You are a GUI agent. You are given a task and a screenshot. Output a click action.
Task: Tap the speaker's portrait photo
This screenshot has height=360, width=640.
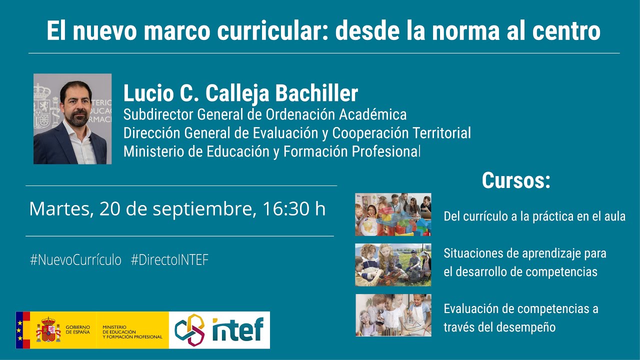point(72,119)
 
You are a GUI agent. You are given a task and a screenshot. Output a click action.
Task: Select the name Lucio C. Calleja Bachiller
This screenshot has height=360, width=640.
point(240,93)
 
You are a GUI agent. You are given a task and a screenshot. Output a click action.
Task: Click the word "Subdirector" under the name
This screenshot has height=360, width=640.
point(158,114)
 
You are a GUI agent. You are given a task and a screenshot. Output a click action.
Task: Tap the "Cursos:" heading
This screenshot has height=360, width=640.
point(515,180)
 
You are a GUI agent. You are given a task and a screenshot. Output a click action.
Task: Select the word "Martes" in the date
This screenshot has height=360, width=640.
point(60,208)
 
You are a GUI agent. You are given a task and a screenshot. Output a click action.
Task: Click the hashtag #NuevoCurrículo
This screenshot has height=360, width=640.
point(75,260)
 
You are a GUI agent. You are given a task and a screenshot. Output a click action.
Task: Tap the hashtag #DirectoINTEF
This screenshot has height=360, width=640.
point(169,260)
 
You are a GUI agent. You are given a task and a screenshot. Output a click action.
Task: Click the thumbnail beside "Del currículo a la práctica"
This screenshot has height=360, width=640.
point(393,214)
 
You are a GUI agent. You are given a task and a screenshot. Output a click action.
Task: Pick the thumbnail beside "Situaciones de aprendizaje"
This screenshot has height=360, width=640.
point(393,264)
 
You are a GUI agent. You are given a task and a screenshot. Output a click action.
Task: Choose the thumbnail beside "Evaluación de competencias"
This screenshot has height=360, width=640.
point(393,315)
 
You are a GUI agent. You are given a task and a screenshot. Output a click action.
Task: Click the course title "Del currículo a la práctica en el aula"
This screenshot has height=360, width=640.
point(534,216)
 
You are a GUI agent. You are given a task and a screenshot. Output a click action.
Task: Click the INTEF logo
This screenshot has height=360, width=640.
point(219,329)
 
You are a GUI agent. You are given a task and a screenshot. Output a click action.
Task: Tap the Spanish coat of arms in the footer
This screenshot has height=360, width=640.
point(48,329)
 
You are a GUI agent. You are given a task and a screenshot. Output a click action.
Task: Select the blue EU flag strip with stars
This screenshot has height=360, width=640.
point(19,329)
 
